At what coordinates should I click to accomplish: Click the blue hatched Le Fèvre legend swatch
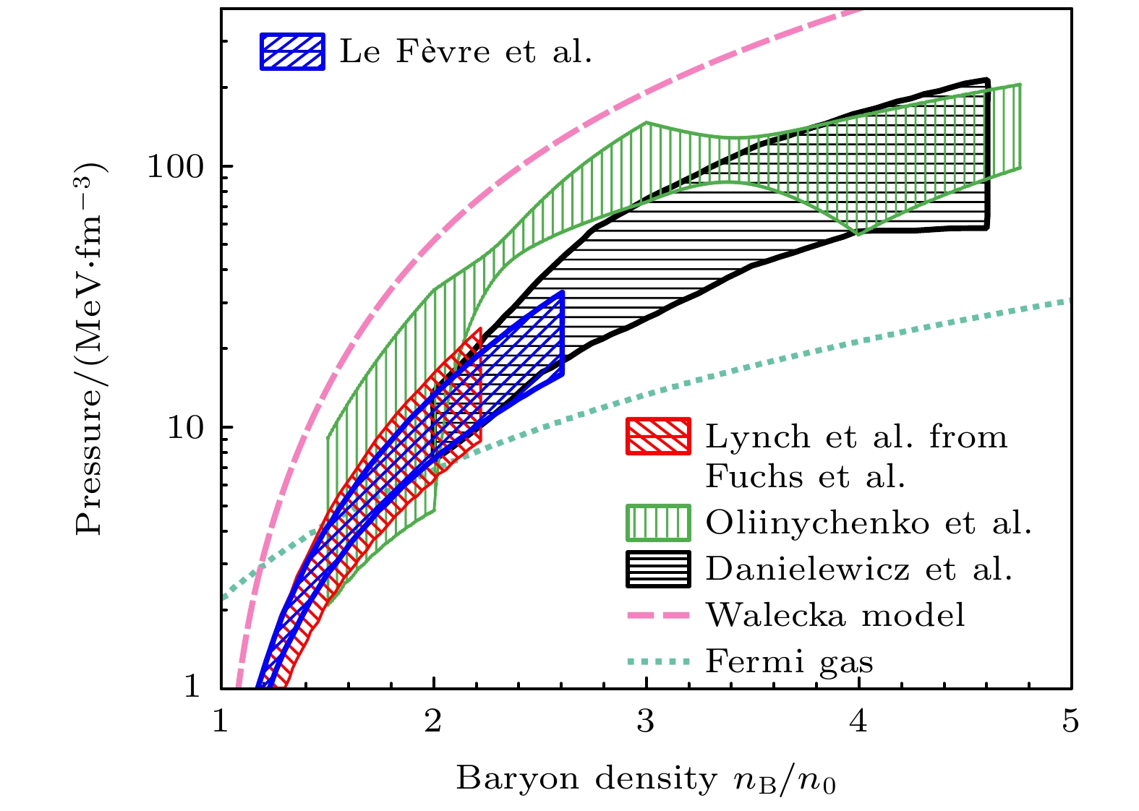coord(292,51)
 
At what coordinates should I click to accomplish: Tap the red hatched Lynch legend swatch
coord(657,437)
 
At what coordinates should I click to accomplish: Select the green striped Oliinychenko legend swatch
coord(657,523)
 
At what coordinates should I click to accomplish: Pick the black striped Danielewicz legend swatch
coord(657,569)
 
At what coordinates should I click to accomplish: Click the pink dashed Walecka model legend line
coord(657,615)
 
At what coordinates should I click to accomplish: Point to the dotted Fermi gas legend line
coord(657,661)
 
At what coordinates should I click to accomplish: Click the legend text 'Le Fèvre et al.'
coord(466,51)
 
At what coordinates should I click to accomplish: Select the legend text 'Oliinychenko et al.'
coord(869,523)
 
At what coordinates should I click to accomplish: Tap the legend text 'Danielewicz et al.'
coord(858,569)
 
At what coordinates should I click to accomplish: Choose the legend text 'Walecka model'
coord(835,615)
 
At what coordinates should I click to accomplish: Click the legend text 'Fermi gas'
coord(789,661)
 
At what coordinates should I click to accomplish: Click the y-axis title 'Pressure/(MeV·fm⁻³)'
coord(91,348)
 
